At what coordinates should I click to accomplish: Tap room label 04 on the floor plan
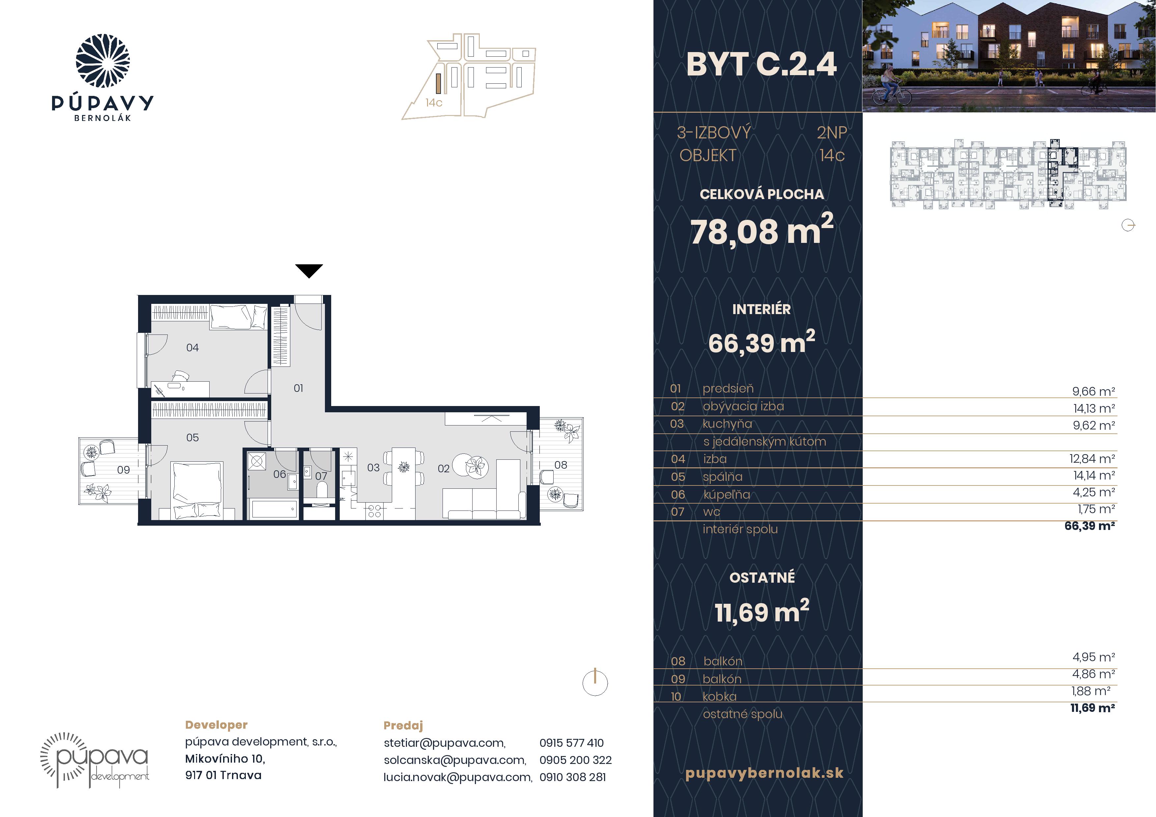[x=192, y=347]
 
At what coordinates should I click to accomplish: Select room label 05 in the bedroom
[x=192, y=437]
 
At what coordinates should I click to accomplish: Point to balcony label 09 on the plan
[x=123, y=470]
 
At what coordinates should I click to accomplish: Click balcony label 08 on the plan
[x=561, y=465]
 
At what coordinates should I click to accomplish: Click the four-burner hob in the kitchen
[x=374, y=511]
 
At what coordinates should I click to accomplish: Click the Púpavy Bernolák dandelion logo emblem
[x=103, y=61]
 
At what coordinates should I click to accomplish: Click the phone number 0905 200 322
[x=575, y=760]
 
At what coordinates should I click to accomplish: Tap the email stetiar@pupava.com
[x=445, y=743]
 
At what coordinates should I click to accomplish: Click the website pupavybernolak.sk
[x=764, y=773]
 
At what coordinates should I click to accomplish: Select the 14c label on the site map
[x=434, y=103]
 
